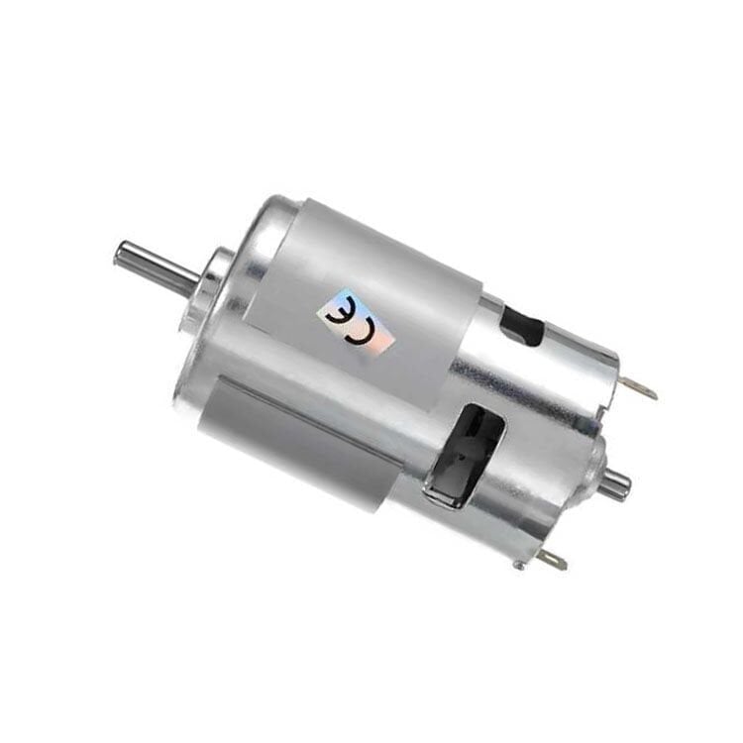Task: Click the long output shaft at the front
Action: [159, 261]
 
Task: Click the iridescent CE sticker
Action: [361, 322]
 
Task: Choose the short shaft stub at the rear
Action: [614, 482]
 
